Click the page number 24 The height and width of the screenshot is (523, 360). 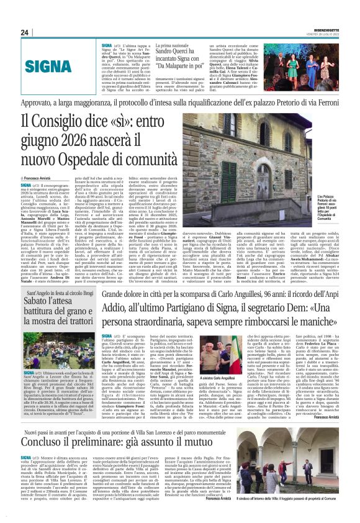(x=25, y=32)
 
